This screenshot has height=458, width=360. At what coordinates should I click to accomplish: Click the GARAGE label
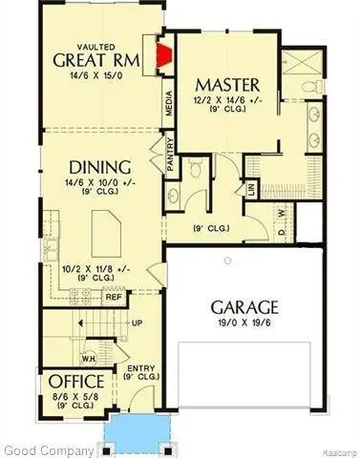[245, 307]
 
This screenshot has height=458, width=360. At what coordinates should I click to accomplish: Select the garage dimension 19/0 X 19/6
[245, 324]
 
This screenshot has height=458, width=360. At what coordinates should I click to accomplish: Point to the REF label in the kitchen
[114, 297]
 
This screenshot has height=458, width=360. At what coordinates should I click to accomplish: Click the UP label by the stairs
[137, 323]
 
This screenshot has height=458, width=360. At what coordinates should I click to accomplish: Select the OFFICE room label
[70, 383]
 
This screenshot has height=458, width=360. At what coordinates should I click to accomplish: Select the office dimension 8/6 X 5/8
[70, 398]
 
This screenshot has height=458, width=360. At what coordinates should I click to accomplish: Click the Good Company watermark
[46, 448]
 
